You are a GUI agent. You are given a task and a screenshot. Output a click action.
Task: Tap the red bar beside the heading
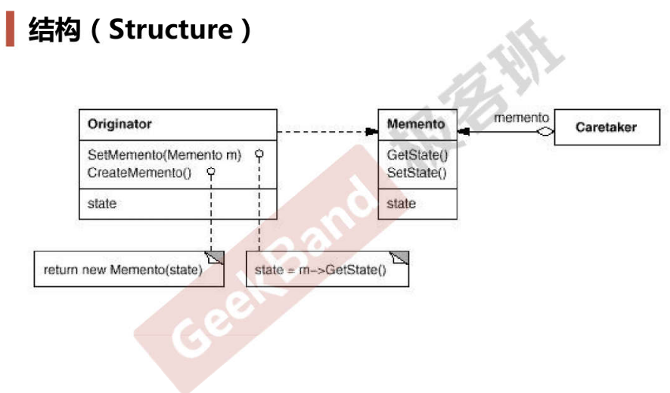tap(11, 29)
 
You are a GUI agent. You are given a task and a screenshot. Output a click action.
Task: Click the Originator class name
tap(119, 124)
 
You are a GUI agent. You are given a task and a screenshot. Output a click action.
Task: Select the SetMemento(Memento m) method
tap(165, 154)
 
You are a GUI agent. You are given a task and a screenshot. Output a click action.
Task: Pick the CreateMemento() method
tap(139, 173)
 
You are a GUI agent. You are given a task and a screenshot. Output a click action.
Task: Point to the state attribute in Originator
tap(101, 204)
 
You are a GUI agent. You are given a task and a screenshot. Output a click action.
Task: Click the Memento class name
tap(416, 124)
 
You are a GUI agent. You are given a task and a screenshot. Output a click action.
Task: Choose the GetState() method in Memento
tap(417, 154)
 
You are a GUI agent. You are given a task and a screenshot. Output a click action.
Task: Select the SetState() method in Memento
tap(417, 173)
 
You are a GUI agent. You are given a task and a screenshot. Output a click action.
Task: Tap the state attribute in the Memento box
tap(402, 204)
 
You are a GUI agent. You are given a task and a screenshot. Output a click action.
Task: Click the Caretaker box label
tap(606, 127)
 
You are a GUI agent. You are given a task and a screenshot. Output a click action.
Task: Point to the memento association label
tap(521, 117)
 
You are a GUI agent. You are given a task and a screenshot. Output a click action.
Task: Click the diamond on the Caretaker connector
tap(544, 132)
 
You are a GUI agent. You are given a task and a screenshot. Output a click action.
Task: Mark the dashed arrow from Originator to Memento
tap(327, 132)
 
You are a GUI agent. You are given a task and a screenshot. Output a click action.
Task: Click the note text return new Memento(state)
tap(123, 270)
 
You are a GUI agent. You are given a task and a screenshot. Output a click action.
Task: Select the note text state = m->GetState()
tap(321, 270)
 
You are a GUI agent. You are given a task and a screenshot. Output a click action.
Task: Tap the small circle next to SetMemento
tap(259, 154)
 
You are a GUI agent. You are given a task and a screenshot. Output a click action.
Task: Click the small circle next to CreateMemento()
tap(211, 172)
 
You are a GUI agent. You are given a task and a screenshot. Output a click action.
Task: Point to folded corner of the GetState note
tap(400, 258)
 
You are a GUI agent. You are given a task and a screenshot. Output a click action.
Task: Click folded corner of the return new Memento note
tap(215, 258)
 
